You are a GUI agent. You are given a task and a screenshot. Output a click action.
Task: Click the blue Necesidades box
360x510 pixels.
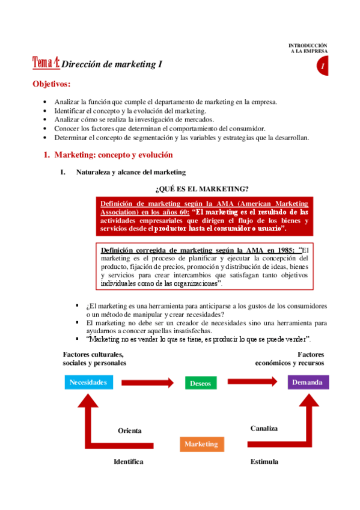88,382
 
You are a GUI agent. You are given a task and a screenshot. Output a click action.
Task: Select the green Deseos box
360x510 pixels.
201,383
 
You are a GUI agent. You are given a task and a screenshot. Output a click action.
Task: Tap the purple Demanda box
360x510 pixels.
308,382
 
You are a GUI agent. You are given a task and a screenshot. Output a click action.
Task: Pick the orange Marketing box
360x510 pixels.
201,444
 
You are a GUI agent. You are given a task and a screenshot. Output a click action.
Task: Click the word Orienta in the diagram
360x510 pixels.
129,431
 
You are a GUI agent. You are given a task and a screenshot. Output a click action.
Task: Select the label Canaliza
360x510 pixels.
264,428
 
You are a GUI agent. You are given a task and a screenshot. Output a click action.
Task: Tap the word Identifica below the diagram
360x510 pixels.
129,461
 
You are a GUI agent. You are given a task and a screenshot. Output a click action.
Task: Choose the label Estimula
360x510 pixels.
264,461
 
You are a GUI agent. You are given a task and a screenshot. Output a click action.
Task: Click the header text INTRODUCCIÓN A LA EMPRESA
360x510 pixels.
308,48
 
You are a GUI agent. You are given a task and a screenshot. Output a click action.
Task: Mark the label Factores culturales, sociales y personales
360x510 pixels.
94,359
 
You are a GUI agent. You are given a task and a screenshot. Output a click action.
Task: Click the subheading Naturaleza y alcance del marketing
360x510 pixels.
131,173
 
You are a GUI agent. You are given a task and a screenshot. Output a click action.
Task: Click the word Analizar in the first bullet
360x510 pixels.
67,102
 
